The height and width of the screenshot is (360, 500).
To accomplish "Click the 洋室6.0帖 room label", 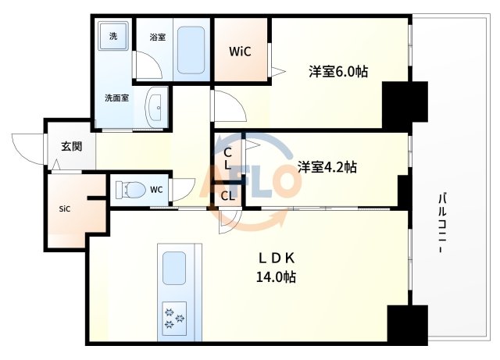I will [x=338, y=72].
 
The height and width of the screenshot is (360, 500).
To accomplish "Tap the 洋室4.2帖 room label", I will [x=327, y=166].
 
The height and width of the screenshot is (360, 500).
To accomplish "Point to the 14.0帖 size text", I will [x=277, y=276].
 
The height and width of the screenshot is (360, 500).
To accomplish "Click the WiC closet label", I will [x=240, y=52].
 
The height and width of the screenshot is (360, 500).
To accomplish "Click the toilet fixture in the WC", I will [x=128, y=189].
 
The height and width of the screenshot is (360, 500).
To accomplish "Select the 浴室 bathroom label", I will [x=157, y=37].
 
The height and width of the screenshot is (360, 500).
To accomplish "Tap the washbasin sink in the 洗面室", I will [x=156, y=103].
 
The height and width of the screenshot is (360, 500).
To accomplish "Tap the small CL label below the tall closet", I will [x=227, y=196].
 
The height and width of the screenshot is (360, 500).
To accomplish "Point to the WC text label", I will [x=156, y=188].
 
